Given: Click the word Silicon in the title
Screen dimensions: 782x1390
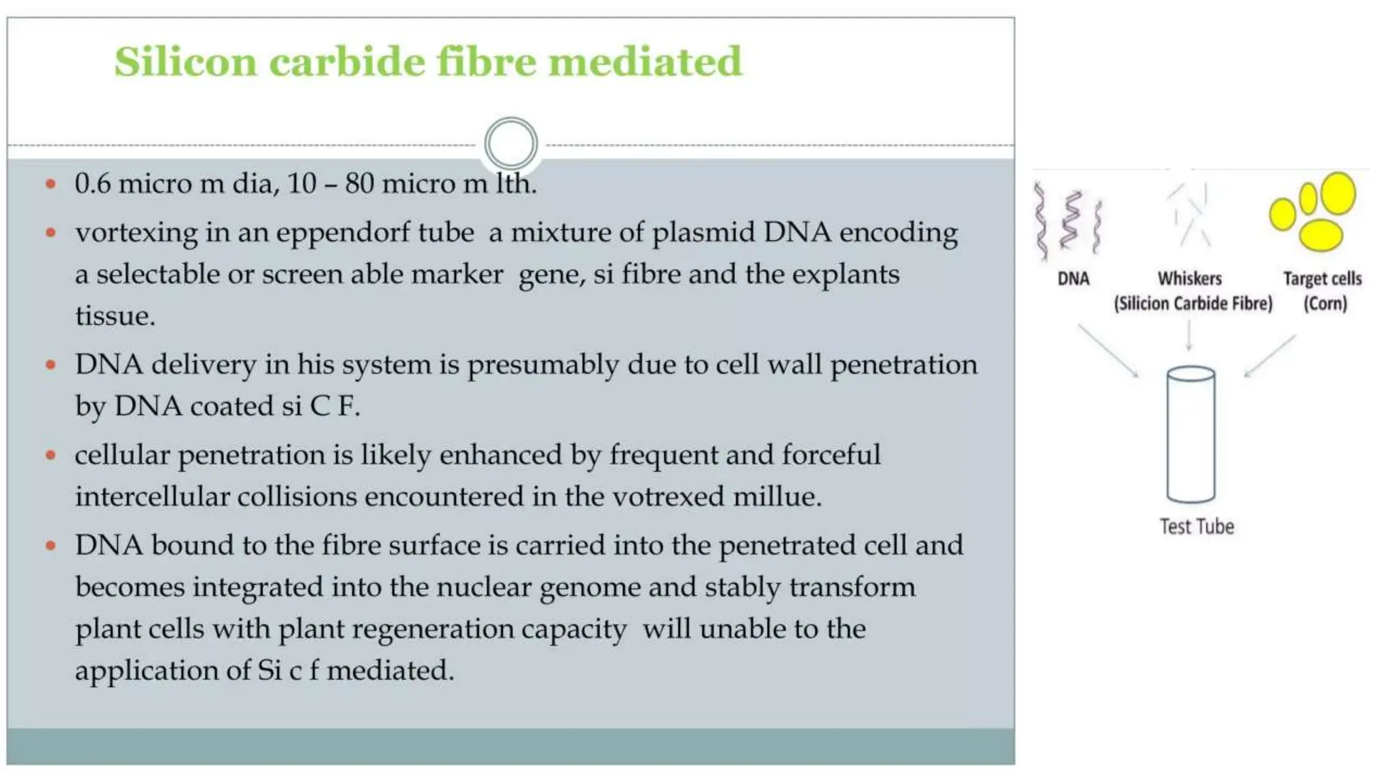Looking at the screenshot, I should coord(185,62).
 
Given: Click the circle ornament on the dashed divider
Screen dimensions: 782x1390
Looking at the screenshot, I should coord(511,144).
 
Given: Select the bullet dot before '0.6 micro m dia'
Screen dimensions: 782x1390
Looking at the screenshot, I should coord(50,184).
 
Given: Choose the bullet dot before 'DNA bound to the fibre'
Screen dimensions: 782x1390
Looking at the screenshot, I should coord(50,546).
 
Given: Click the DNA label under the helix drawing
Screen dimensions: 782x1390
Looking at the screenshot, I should coord(1073,278).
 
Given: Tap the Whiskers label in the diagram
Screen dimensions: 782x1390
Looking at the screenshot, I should coord(1189,278).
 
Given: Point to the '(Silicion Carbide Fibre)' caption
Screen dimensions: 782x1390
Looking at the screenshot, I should coord(1192,303).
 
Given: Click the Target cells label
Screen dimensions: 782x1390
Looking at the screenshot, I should coord(1322,278).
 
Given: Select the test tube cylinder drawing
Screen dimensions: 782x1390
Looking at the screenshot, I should coord(1190,434).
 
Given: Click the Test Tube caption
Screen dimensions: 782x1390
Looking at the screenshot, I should coord(1197,527).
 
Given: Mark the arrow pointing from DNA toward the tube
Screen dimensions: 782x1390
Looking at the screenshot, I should coord(1108,350).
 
